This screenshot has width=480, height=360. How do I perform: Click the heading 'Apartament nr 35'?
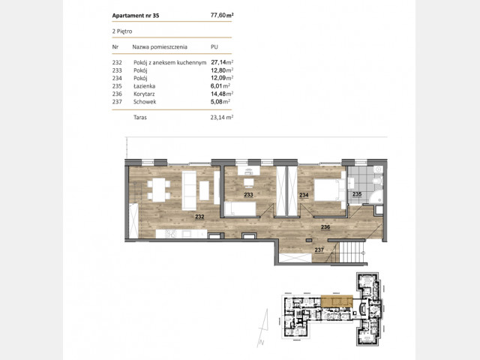[136, 16]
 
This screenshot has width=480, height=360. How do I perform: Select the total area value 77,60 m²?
[222, 15]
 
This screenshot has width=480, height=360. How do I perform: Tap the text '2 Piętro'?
[122, 31]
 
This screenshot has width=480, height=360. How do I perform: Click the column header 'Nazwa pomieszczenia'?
[160, 46]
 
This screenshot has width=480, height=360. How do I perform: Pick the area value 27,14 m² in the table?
[222, 62]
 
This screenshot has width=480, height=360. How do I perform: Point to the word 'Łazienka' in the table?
[144, 86]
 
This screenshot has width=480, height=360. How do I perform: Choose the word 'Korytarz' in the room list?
[144, 94]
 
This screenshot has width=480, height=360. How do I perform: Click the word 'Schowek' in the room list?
[145, 102]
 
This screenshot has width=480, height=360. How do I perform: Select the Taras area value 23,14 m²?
[222, 117]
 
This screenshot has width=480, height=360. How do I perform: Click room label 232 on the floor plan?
[199, 217]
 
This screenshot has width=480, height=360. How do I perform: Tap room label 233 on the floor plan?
[248, 195]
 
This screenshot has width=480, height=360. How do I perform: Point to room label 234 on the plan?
[304, 195]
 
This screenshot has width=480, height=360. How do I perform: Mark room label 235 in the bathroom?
[357, 194]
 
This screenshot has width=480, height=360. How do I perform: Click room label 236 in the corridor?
[325, 227]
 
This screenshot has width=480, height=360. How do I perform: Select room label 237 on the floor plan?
[319, 250]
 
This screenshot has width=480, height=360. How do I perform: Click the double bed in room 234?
[330, 190]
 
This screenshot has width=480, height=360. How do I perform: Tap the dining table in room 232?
[159, 190]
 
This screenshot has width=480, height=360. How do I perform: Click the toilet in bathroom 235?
[378, 181]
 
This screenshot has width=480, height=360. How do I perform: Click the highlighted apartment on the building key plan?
[337, 301]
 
